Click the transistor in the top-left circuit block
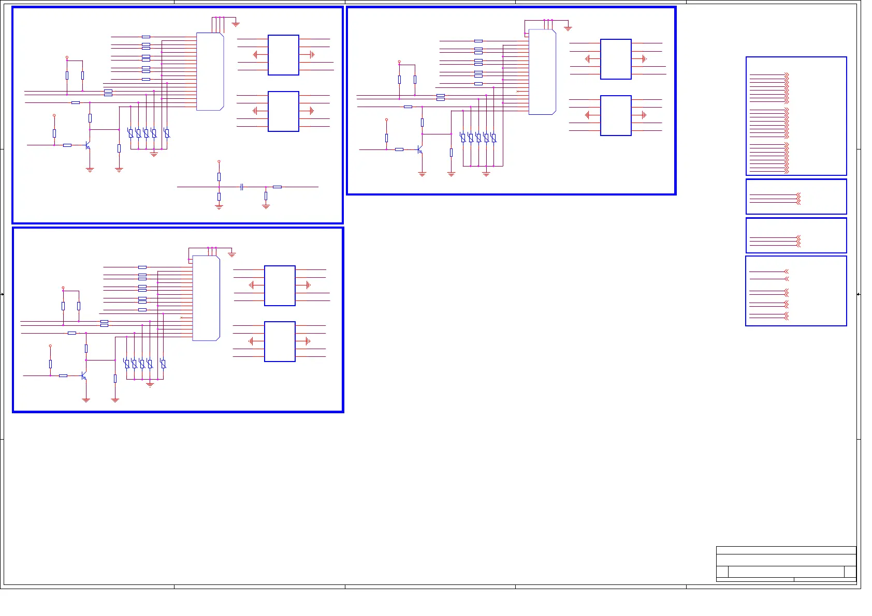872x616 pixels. (x=88, y=145)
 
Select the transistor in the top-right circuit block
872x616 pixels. (x=420, y=149)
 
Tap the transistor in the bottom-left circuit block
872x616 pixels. (x=84, y=376)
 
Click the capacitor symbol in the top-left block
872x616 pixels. (x=242, y=187)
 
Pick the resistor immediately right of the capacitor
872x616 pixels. (x=277, y=187)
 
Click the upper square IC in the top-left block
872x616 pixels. (x=283, y=55)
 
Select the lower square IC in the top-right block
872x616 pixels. (x=616, y=115)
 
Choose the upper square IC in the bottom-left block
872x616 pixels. (x=280, y=286)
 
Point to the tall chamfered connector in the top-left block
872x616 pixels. (x=210, y=71)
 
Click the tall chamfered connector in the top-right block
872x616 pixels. (x=542, y=71)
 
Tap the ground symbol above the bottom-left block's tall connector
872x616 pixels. (x=232, y=254)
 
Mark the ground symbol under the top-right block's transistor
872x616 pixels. (x=422, y=174)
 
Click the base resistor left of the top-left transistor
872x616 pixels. (x=67, y=145)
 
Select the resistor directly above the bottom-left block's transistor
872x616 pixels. (x=86, y=349)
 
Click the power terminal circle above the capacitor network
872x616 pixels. (x=219, y=161)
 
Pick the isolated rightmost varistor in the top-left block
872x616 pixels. (x=166, y=133)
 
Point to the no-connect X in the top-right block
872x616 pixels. (x=517, y=91)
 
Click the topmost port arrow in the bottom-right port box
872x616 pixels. (x=786, y=272)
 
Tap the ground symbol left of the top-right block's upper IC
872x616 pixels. (x=587, y=59)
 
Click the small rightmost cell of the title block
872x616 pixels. (x=850, y=572)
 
